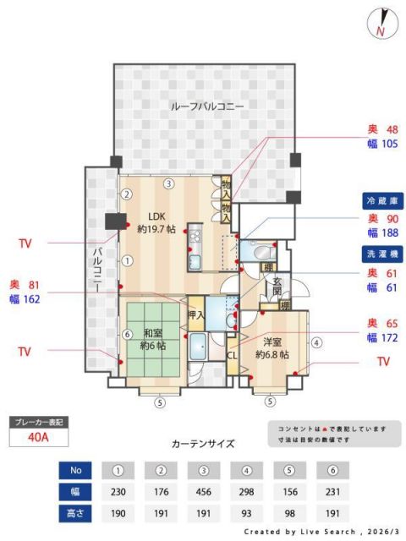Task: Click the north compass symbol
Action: (x=383, y=24)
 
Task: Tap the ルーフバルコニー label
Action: (x=207, y=107)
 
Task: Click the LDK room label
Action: (x=156, y=221)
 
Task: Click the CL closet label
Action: (x=232, y=355)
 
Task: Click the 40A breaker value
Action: (x=37, y=438)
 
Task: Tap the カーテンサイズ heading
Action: (x=203, y=443)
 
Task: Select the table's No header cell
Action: (x=74, y=470)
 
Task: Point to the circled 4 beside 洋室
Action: (x=315, y=343)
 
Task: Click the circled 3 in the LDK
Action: (x=169, y=183)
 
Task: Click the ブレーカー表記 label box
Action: (x=37, y=421)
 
